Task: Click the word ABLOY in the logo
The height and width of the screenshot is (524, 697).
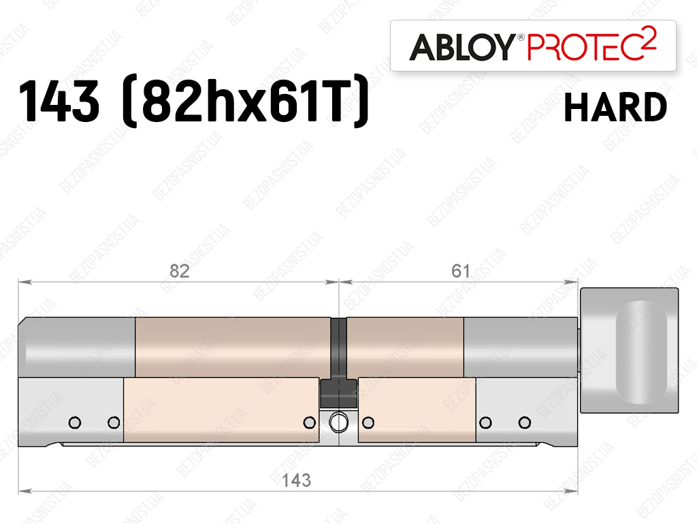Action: click(461, 47)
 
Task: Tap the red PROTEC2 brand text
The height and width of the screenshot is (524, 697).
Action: click(591, 44)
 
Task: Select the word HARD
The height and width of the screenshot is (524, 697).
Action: click(615, 107)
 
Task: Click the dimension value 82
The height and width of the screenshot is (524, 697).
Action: click(180, 271)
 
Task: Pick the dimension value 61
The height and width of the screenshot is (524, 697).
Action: click(460, 271)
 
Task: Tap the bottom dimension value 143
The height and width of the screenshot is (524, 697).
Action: click(297, 480)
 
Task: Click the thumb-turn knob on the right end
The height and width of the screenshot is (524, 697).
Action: click(629, 350)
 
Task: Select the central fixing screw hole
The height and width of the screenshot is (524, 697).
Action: click(339, 422)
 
